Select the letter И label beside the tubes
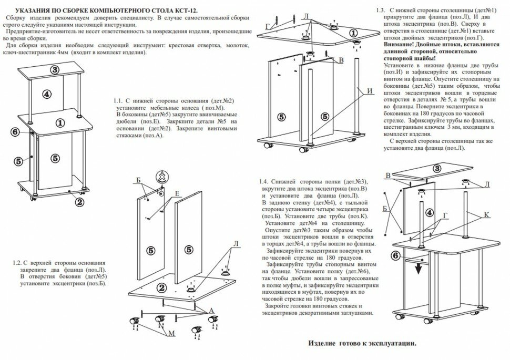(x=370, y=90)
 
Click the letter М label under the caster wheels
(x=171, y=333)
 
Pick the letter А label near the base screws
(x=211, y=311)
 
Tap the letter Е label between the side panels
(x=177, y=193)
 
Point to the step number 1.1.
(x=117, y=100)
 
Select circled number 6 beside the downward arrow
(x=395, y=256)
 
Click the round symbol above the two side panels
(x=162, y=176)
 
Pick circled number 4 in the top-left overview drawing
(x=47, y=95)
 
